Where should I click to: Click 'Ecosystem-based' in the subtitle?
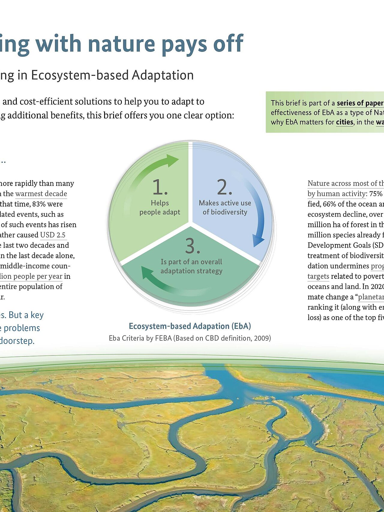(x=79, y=75)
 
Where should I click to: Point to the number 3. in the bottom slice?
(x=192, y=246)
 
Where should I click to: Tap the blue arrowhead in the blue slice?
(x=258, y=240)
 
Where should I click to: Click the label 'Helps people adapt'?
(x=160, y=207)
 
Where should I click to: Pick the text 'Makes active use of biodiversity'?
(x=225, y=207)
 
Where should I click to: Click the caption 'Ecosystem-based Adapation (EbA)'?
(x=190, y=326)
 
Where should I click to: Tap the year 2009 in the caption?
(x=262, y=338)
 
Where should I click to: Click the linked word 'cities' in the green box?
(x=344, y=122)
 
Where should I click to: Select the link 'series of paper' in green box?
(x=360, y=103)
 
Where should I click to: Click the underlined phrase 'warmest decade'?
(x=41, y=194)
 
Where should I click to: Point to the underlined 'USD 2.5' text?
(x=53, y=235)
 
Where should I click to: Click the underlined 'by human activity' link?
(x=336, y=194)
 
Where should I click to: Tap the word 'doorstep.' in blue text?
(x=17, y=341)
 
